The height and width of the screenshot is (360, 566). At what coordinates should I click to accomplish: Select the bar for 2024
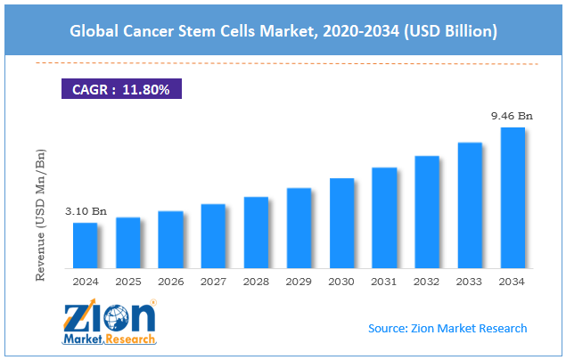(85, 245)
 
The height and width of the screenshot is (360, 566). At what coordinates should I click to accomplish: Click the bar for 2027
(213, 236)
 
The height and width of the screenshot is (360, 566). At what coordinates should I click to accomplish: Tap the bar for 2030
(341, 223)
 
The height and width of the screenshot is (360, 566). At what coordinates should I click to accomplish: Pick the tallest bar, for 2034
(513, 198)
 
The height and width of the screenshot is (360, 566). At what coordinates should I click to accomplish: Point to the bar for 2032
(427, 212)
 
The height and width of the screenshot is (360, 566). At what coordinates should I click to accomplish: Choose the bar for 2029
(299, 228)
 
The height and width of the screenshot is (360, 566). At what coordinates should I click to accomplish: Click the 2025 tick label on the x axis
(127, 282)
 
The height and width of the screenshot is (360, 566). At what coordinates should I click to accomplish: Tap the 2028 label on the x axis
(256, 282)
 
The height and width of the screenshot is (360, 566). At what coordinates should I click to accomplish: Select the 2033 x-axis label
(470, 282)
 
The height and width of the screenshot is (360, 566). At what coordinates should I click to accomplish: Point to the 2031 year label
(384, 282)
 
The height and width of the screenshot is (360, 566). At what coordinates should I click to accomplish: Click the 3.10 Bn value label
(86, 211)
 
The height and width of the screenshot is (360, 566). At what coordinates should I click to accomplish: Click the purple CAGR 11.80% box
(122, 89)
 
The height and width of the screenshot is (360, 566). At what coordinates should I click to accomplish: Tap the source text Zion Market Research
(447, 328)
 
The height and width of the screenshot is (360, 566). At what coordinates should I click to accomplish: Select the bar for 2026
(170, 240)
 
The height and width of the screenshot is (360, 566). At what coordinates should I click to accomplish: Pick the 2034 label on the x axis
(513, 282)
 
